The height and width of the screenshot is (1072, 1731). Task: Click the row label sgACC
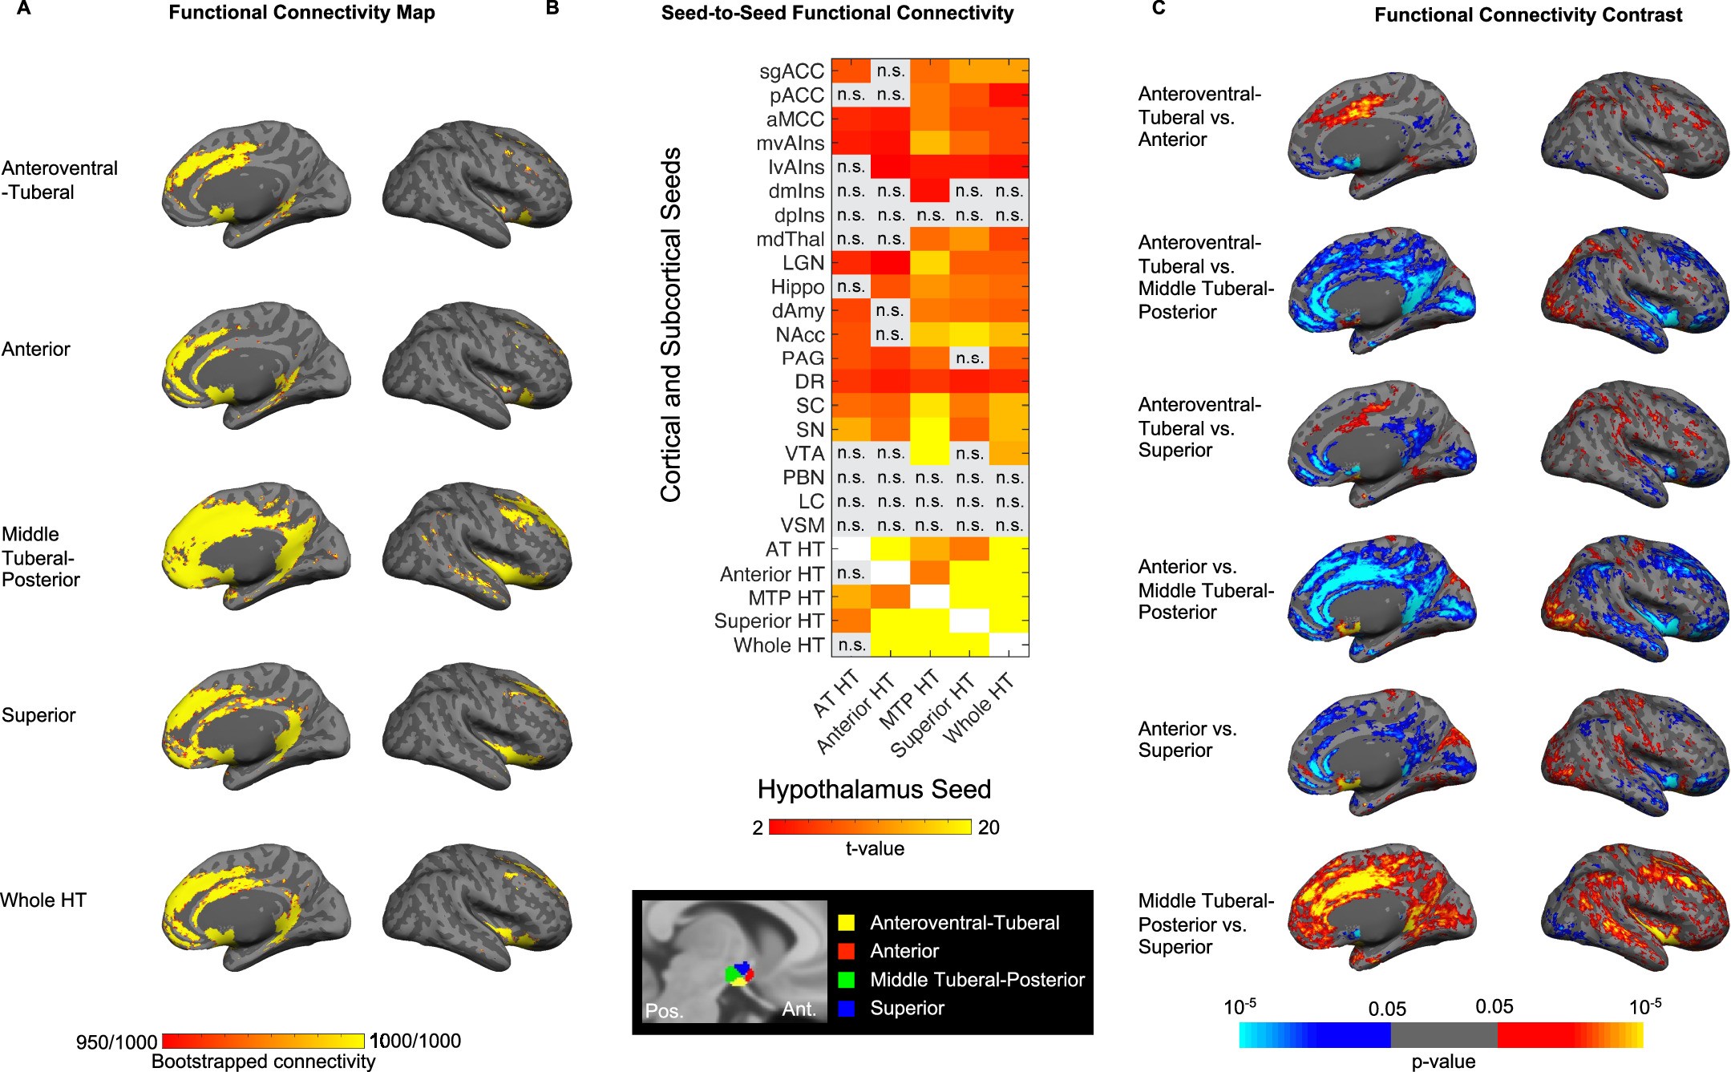coord(791,71)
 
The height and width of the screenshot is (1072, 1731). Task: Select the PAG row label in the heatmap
coord(803,358)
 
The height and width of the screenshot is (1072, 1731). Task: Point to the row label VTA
coord(804,454)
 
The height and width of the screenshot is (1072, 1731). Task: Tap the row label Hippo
coord(797,287)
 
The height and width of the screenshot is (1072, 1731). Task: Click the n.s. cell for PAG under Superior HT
coord(969,358)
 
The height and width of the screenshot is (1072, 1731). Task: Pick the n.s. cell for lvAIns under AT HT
coord(851,167)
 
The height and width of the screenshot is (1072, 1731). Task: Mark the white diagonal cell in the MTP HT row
coord(930,597)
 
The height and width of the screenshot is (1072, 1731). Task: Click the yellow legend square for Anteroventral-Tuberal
coord(846,923)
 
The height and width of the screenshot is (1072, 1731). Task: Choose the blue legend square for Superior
coord(846,1008)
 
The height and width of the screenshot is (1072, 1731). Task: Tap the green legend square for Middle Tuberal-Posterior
coord(846,979)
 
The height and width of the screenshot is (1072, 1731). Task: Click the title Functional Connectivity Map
coord(301,13)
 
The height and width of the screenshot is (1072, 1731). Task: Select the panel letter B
coord(552,9)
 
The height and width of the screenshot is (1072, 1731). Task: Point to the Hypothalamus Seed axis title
coord(874,789)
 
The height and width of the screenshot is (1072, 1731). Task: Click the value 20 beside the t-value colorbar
coord(989,827)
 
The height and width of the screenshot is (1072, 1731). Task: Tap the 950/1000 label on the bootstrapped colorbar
coord(116,1042)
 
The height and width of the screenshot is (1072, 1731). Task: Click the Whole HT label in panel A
coord(43,900)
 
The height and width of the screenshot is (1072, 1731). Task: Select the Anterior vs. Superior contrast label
coord(1187,739)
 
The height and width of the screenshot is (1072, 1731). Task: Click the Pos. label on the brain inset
coord(665,1010)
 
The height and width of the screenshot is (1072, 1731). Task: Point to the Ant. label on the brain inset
coord(799,1009)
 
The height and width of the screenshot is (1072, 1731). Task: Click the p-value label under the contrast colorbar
coord(1443,1062)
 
